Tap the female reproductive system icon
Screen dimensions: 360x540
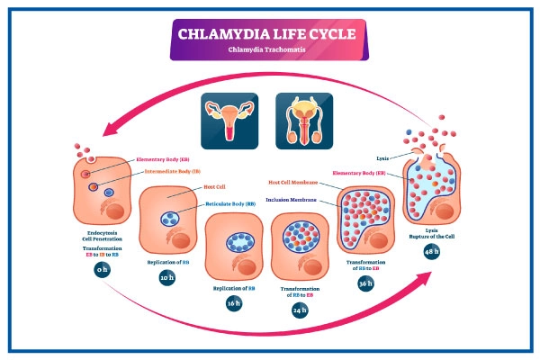pyautogui.click(x=229, y=117)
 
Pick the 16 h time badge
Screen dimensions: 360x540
pyautogui.click(x=233, y=303)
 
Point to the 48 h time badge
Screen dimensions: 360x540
pyautogui.click(x=430, y=251)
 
